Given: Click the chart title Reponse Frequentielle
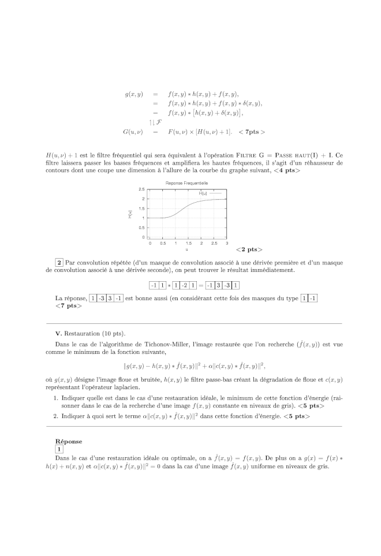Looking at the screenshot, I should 186,183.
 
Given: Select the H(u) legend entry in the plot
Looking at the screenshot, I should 205,193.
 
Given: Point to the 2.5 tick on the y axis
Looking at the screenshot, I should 142,189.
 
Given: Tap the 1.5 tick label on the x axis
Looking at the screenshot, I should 188,244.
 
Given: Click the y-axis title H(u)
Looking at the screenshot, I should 130,214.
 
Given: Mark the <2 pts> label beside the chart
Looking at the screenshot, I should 249,250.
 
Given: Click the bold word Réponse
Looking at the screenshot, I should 68,441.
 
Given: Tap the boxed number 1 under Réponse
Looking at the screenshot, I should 59,449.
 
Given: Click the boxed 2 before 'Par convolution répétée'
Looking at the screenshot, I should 59,263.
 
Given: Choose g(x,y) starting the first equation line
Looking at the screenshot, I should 134,94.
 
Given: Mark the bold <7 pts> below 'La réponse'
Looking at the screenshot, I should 69,306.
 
